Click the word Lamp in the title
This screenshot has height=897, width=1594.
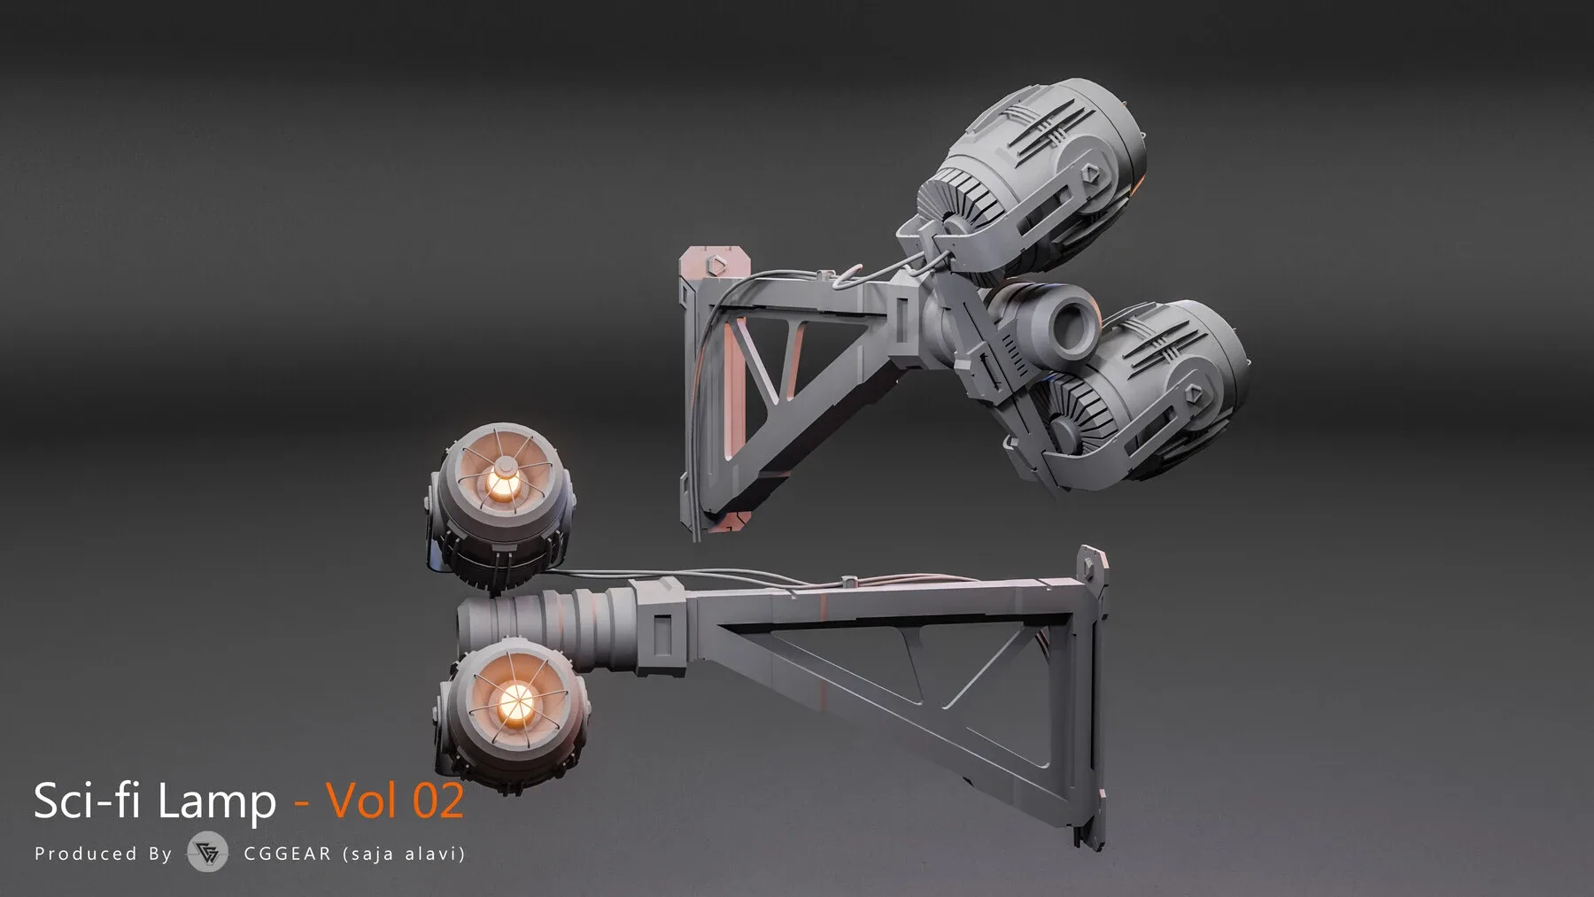tap(216, 801)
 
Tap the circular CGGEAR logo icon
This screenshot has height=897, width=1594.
tap(207, 853)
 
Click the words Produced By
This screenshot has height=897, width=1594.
tap(103, 854)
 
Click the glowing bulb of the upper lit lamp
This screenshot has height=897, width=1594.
tap(501, 482)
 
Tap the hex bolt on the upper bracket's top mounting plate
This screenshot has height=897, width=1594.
tap(716, 266)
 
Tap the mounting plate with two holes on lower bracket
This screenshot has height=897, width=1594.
tap(1093, 576)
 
